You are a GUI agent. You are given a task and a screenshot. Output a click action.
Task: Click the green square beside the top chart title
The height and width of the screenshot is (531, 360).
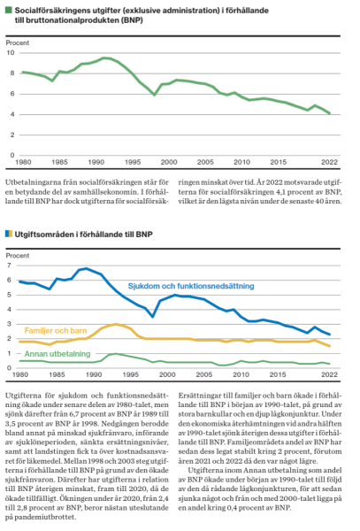click(9, 10)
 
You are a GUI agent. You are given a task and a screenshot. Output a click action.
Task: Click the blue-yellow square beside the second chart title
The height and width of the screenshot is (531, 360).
click(9, 234)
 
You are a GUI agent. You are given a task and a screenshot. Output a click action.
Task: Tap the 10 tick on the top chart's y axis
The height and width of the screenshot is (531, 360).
click(11, 53)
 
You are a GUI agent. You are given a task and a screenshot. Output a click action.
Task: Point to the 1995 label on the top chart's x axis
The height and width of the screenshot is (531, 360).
click(133, 162)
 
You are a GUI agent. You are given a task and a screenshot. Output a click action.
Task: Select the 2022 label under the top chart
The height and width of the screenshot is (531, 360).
click(329, 162)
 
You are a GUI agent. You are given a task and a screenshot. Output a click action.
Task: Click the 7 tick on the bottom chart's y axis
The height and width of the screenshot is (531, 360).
click(9, 265)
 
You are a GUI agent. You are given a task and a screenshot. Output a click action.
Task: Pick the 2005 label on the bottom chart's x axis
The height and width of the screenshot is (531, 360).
click(204, 375)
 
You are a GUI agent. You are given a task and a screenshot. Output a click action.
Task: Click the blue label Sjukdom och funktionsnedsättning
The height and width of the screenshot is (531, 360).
click(191, 286)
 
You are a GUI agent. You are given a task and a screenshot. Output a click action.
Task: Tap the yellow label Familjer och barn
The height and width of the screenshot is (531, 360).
click(56, 331)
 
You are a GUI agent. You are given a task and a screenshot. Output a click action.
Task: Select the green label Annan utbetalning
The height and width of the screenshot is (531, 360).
click(57, 354)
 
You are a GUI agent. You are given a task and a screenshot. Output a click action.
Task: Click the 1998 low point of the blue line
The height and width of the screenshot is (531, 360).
click(153, 317)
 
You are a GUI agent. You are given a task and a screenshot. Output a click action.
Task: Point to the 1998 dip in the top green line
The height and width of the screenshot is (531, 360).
click(155, 96)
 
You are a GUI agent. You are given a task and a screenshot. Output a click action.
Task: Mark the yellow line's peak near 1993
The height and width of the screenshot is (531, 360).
click(116, 324)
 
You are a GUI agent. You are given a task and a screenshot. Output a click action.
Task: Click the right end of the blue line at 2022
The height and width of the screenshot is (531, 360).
click(330, 335)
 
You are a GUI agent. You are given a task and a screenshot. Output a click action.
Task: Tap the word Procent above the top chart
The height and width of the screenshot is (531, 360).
click(18, 43)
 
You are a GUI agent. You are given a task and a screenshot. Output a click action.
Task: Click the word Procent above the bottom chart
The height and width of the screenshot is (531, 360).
click(18, 256)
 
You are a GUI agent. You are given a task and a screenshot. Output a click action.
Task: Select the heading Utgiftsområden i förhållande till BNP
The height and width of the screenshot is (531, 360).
click(83, 235)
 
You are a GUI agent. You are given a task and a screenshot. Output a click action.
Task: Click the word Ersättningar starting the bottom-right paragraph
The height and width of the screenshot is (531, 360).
click(197, 396)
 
